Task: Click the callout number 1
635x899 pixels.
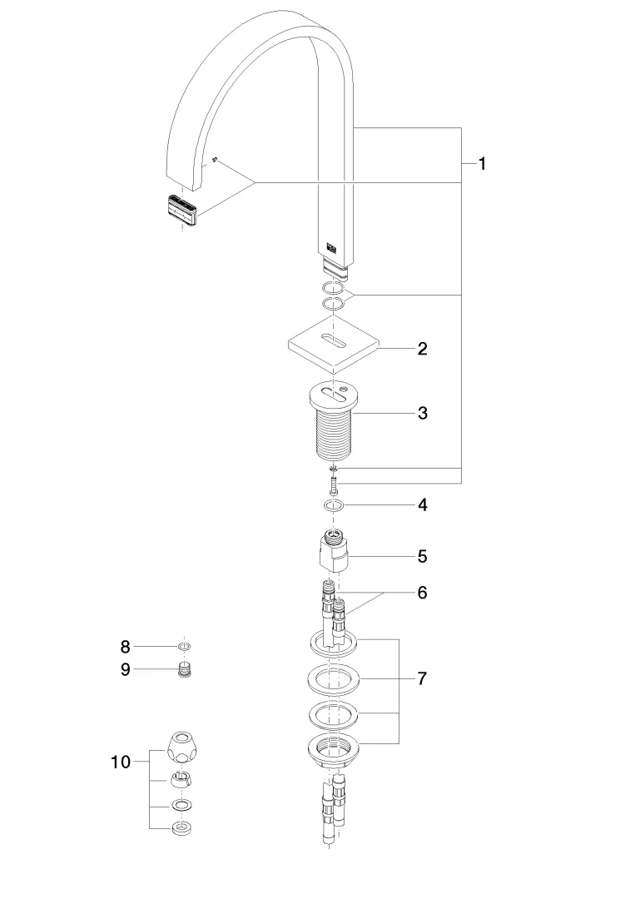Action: [x=482, y=164]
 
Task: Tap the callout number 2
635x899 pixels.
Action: [x=423, y=349]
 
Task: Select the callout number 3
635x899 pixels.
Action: [x=423, y=413]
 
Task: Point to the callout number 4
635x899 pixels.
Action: [x=423, y=504]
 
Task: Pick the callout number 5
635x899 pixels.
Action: [x=423, y=555]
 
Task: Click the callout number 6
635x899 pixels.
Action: [x=423, y=593]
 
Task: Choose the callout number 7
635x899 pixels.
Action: [x=423, y=678]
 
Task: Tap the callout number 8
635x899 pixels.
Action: [x=126, y=646]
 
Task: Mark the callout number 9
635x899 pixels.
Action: [x=126, y=669]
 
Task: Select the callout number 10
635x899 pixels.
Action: [x=121, y=761]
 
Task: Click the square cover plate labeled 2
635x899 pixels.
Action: [x=333, y=346]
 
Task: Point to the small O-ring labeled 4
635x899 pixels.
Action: [x=334, y=505]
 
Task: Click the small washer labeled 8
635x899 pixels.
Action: [x=184, y=646]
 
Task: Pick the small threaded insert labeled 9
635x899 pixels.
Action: [x=184, y=669]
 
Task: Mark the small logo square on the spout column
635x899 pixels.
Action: [x=331, y=246]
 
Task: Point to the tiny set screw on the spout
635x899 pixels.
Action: [x=215, y=160]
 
